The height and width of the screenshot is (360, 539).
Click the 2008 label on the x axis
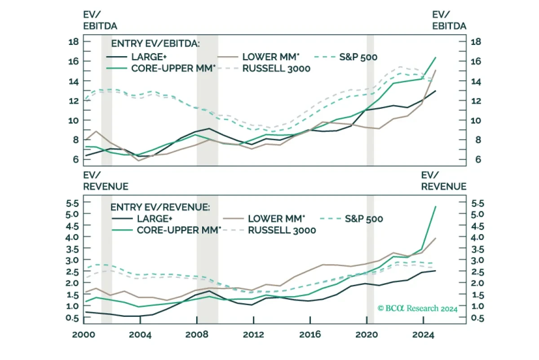click(x=197, y=335)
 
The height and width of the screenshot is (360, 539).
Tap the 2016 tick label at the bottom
click(x=310, y=335)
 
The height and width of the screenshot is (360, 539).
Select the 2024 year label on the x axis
click(x=423, y=335)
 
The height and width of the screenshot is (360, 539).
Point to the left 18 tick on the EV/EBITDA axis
click(x=74, y=42)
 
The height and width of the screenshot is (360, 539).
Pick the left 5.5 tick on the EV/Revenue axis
click(x=72, y=204)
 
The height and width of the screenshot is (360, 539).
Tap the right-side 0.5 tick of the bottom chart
click(x=477, y=318)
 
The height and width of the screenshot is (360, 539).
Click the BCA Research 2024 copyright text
click(x=417, y=308)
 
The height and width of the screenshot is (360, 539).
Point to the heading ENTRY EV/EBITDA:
click(x=155, y=44)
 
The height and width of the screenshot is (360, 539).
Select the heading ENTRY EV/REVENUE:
click(x=160, y=207)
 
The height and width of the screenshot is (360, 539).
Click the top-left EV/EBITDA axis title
click(x=100, y=21)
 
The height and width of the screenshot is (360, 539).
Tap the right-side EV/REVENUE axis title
click(x=444, y=181)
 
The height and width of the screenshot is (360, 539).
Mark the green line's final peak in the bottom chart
click(x=436, y=207)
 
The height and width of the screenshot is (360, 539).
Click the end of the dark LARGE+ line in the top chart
click(x=436, y=91)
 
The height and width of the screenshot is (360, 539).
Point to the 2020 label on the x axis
click(x=367, y=335)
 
